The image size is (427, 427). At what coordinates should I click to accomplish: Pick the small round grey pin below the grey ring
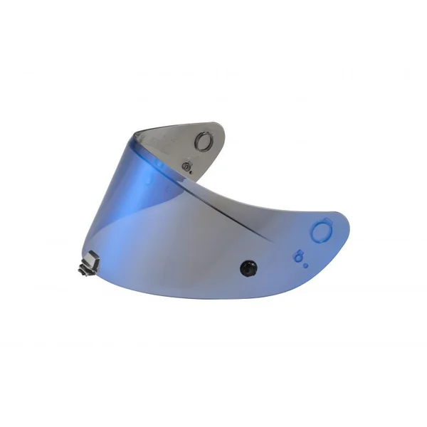point(188,165)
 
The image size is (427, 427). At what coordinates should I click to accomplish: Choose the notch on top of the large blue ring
point(319,221)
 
